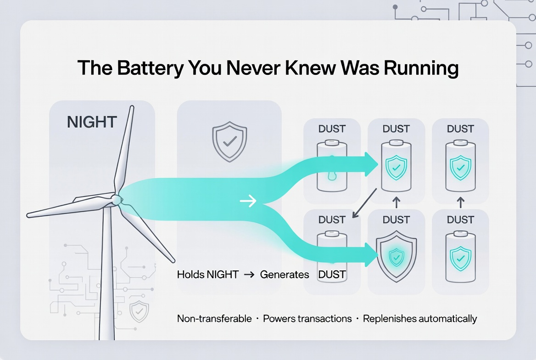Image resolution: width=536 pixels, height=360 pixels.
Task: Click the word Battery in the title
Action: (x=146, y=68)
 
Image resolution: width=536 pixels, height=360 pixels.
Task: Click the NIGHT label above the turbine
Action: (x=92, y=122)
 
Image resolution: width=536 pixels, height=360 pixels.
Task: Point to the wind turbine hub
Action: (x=117, y=199)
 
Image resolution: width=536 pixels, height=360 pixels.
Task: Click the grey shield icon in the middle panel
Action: (x=229, y=141)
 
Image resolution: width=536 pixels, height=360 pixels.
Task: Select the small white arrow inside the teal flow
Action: (x=248, y=201)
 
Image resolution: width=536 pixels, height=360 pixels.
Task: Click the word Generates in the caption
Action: (x=285, y=275)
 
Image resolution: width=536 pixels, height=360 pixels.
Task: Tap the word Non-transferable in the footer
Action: (x=214, y=319)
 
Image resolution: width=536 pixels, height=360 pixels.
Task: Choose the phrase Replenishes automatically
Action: (x=420, y=319)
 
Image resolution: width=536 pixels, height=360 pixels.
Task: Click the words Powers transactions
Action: (x=307, y=319)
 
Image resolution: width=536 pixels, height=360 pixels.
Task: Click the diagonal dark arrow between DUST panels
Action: (x=365, y=205)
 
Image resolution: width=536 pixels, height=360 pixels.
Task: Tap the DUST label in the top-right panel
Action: (x=460, y=129)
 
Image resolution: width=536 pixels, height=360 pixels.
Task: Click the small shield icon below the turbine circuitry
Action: (x=139, y=311)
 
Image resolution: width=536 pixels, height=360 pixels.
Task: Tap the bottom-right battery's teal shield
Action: (x=460, y=257)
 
